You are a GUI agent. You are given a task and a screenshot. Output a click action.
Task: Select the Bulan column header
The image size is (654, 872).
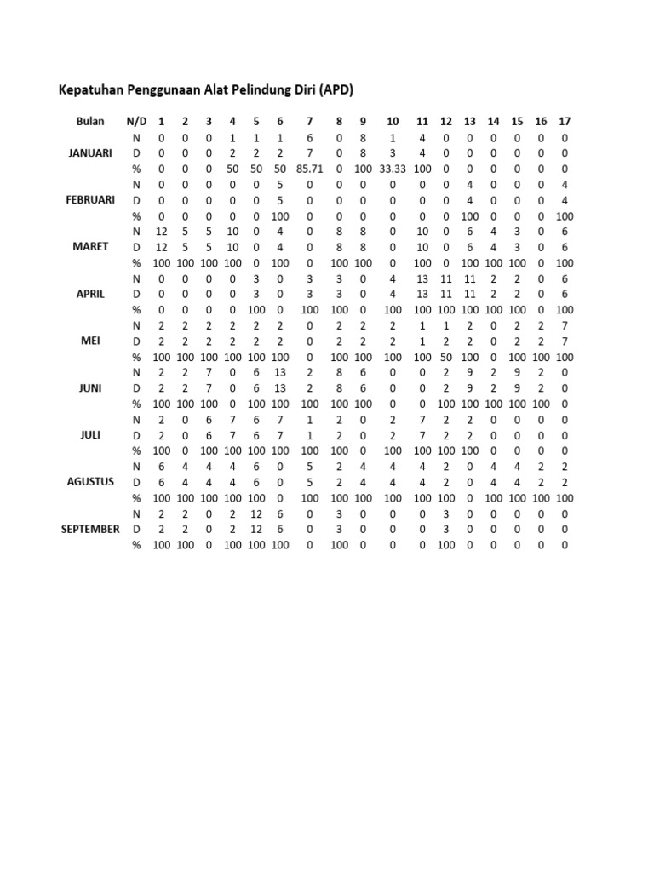coord(90,121)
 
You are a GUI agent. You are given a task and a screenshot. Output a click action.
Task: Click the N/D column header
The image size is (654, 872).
coord(136,121)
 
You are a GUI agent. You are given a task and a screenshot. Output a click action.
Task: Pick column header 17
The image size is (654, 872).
coord(565,121)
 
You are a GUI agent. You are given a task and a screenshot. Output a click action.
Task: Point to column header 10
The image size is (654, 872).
coord(393,121)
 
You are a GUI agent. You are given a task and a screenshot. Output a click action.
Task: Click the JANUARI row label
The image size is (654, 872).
coord(90,152)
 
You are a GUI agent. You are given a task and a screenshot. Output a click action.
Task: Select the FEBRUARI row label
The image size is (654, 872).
coord(90,199)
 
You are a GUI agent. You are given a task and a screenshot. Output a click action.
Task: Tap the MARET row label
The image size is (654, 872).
coord(90,246)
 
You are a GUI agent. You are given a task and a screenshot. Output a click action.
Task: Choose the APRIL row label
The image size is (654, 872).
coord(90,294)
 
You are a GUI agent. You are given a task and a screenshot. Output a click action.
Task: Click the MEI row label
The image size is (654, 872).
coord(90,341)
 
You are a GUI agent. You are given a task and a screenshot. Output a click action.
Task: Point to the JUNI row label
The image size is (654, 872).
coord(90,387)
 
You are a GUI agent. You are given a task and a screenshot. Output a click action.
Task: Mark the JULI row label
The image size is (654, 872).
coord(90,434)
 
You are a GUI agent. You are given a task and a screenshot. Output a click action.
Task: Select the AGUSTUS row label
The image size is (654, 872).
coord(90,481)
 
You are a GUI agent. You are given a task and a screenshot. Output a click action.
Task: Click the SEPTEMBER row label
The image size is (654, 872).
coord(90,529)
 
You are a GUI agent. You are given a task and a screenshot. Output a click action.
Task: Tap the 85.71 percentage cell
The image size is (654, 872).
coord(310,169)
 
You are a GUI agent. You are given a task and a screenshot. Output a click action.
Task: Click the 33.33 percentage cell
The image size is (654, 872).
coord(393,169)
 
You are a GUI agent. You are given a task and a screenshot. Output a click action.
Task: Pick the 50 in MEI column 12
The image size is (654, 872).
coord(446,357)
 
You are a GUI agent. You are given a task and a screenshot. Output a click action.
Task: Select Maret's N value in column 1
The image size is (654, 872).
coord(162,231)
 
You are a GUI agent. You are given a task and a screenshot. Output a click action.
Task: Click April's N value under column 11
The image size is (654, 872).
coord(422,278)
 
